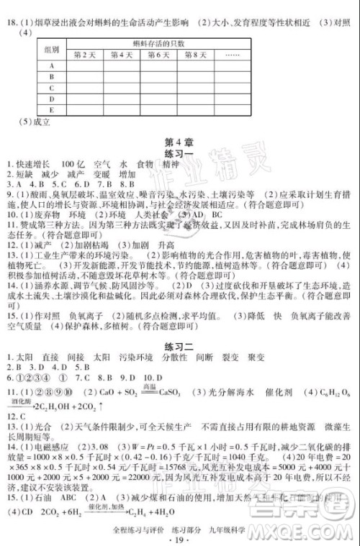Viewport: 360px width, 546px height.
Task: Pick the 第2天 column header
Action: coord(85,55)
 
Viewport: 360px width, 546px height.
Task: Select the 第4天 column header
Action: coord(122,55)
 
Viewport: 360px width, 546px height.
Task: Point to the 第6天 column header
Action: coord(158,55)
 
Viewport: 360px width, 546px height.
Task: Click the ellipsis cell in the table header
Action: coord(232,55)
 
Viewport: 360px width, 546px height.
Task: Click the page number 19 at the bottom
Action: coord(181,538)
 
